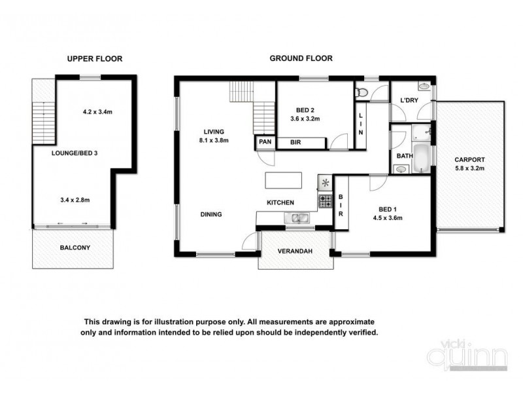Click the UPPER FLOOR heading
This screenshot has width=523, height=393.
point(95,58)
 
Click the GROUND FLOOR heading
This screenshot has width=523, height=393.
point(301,58)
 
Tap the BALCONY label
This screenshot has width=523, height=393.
point(75,248)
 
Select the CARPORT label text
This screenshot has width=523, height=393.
point(470,159)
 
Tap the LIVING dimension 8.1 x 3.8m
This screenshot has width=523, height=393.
point(215,140)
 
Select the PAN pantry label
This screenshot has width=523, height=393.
point(265,142)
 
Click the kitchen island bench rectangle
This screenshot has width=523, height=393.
point(283,180)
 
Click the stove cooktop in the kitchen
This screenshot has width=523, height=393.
point(324,201)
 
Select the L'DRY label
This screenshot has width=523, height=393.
point(409,100)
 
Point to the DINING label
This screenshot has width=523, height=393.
point(211,214)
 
